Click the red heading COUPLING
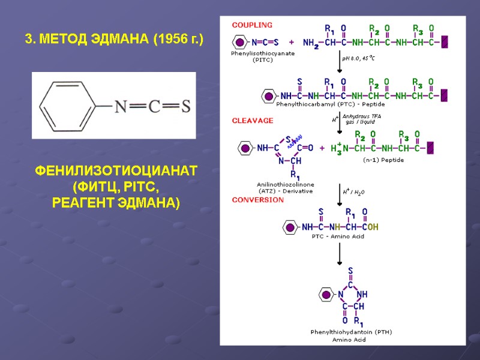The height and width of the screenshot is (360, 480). coord(252,25)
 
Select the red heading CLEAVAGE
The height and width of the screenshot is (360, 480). coord(253,121)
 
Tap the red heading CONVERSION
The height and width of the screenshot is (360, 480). coord(257,200)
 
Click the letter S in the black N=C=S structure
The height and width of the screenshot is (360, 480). coord(185,106)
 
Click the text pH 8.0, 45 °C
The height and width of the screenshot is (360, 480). coord(359,58)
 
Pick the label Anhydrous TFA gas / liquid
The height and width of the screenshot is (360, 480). coord(366,119)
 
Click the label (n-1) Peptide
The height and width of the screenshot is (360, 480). coord(383,160)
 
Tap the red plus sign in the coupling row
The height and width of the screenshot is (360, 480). coord(292,43)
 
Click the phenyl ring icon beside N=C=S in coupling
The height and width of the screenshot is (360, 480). coord(239,43)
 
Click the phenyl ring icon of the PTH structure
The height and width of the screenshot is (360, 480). coord(326,295)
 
